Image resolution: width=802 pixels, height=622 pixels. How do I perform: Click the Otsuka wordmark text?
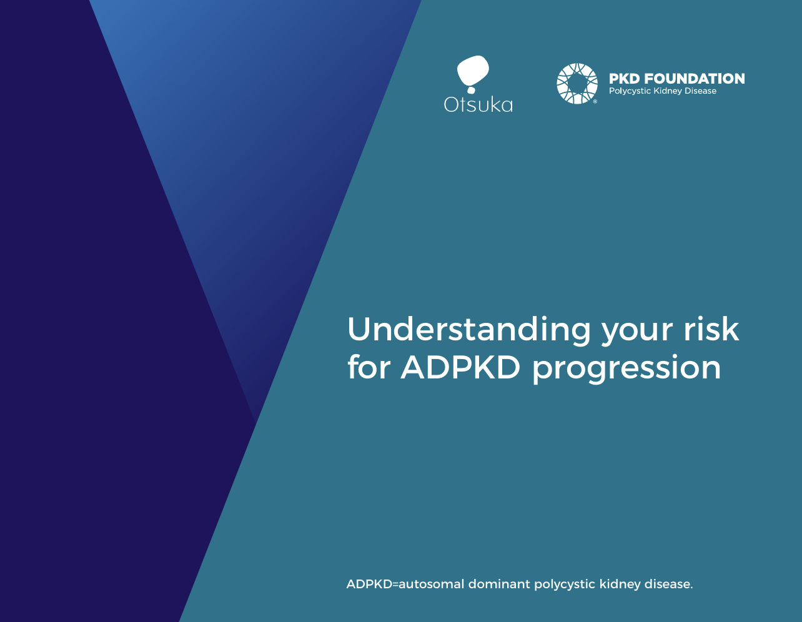point(478,104)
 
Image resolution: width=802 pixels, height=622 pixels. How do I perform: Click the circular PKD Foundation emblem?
point(577,84)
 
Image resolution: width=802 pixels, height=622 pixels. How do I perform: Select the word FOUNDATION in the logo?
point(694,79)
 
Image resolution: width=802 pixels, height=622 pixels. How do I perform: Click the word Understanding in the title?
point(468,329)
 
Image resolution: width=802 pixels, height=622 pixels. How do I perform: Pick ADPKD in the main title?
point(460,367)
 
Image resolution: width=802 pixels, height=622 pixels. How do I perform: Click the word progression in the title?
point(626,369)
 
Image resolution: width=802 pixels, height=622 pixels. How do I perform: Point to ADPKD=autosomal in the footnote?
point(405,584)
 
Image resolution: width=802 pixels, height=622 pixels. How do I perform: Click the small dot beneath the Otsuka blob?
point(471,90)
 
